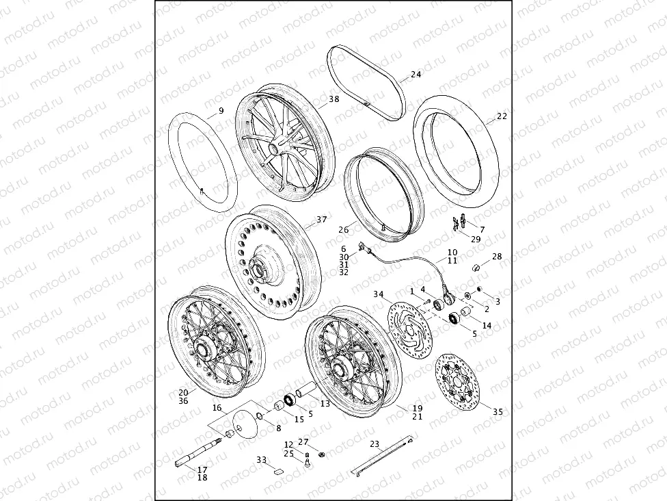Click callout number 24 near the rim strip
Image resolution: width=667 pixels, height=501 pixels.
point(416,74)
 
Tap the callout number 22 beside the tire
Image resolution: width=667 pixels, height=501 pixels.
point(501,116)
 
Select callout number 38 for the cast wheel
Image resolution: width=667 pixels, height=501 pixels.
point(333,99)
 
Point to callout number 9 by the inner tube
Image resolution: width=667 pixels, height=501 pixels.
point(221,111)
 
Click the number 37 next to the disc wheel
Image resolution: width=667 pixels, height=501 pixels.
point(322,220)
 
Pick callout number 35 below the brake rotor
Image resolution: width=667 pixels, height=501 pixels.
point(498,411)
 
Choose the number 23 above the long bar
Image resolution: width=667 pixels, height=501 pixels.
point(374,444)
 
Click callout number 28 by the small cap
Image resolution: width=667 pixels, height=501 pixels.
point(497,256)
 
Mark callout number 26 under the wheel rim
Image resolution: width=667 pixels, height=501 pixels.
point(343,230)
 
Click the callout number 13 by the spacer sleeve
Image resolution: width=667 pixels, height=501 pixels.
point(325,404)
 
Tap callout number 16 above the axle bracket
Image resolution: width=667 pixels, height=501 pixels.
point(217,408)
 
